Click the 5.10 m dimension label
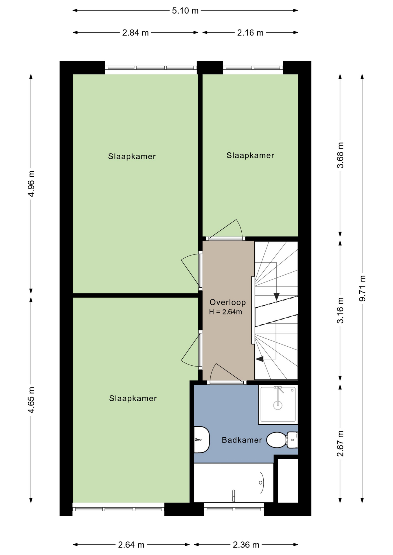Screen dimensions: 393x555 click(x=185, y=11)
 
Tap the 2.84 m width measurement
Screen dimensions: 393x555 click(x=135, y=33)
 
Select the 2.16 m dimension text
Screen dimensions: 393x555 click(x=250, y=33)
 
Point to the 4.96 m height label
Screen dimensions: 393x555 click(x=31, y=184)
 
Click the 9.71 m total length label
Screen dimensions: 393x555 click(x=362, y=288)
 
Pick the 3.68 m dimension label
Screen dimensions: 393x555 click(x=340, y=155)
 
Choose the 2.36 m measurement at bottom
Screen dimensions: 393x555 click(x=246, y=545)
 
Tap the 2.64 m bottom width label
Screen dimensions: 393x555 click(x=131, y=545)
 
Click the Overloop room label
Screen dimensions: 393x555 click(x=228, y=302)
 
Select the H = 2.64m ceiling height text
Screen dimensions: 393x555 click(x=225, y=312)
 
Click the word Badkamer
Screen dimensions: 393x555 click(x=242, y=440)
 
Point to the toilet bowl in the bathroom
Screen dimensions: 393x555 click(x=276, y=440)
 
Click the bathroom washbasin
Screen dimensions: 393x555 click(x=201, y=440)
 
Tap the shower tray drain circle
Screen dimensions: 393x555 click(x=278, y=405)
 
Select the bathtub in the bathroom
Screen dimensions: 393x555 click(x=234, y=483)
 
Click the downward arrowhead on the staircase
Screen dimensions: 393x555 click(x=277, y=297)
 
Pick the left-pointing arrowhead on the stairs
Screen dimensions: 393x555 click(x=259, y=359)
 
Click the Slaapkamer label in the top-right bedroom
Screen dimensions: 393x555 click(x=250, y=156)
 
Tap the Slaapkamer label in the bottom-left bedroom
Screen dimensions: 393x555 click(x=133, y=398)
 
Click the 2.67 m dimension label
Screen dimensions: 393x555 click(x=340, y=443)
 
